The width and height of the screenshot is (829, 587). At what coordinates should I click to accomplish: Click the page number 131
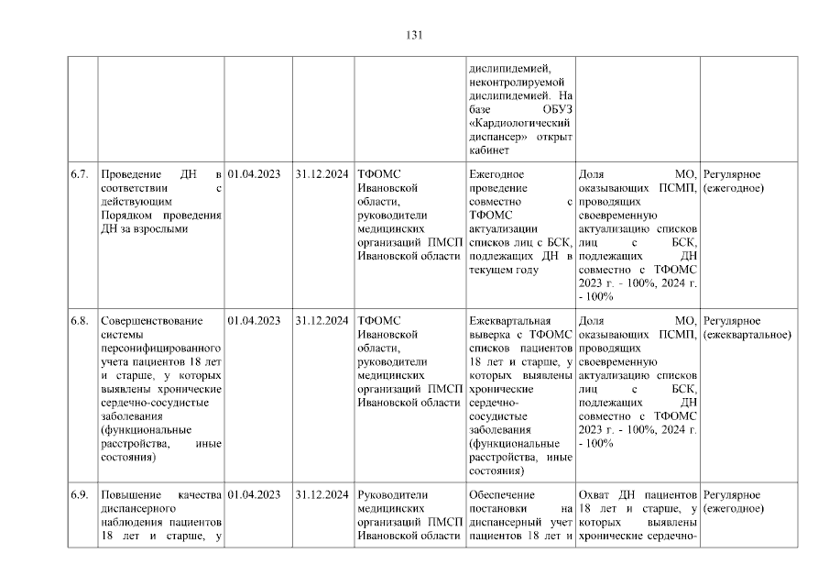(414, 36)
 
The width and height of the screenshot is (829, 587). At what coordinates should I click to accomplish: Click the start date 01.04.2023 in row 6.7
(254, 174)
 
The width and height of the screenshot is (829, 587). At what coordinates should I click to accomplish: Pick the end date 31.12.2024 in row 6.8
(322, 321)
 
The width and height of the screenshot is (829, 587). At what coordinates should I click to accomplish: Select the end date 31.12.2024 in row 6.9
(322, 495)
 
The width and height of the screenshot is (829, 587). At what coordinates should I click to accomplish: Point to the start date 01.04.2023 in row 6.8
(254, 321)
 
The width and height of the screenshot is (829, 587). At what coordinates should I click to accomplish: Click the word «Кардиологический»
(520, 122)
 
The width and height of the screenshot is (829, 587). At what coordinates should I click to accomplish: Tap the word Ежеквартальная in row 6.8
(509, 321)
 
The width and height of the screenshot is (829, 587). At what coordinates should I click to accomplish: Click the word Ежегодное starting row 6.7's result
(496, 174)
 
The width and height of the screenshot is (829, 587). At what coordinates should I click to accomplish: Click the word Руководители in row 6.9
(390, 495)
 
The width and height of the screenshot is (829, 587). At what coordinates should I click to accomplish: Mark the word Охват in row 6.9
(596, 495)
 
